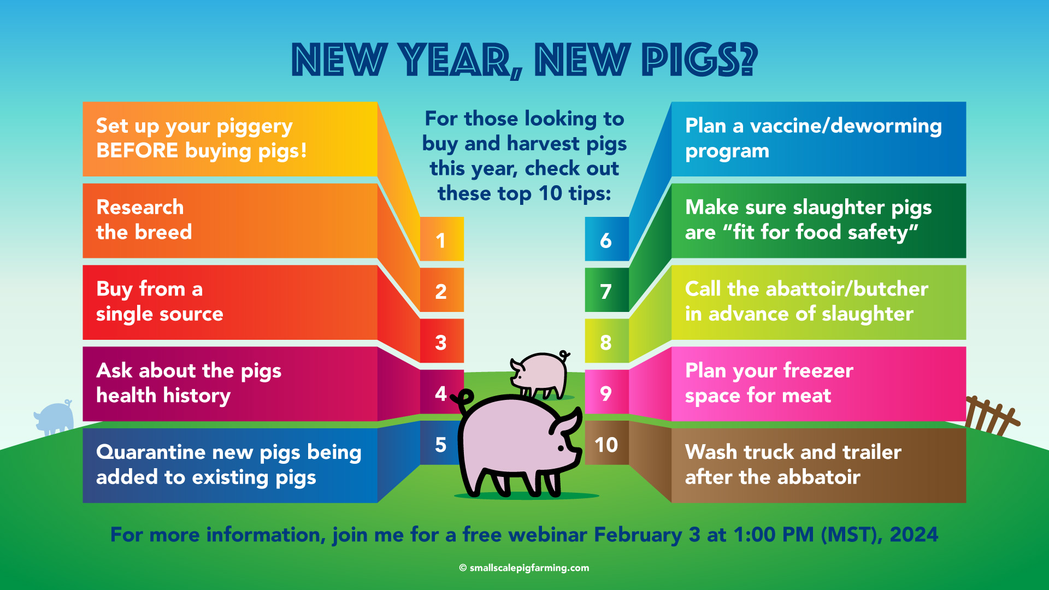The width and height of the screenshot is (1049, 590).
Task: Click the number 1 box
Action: click(441, 239)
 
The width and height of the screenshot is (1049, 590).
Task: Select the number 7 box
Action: click(606, 290)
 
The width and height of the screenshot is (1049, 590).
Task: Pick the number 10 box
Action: click(606, 442)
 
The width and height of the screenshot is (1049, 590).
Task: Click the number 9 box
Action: click(606, 392)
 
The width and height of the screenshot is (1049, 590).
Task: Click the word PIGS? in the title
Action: click(700, 60)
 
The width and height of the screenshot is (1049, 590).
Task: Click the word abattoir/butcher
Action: click(847, 288)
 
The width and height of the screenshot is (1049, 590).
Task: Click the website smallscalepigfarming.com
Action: click(529, 568)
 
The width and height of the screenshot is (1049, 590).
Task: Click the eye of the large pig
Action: click(561, 448)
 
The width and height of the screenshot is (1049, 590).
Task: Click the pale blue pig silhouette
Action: click(54, 418)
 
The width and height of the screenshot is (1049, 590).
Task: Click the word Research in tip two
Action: click(140, 208)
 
